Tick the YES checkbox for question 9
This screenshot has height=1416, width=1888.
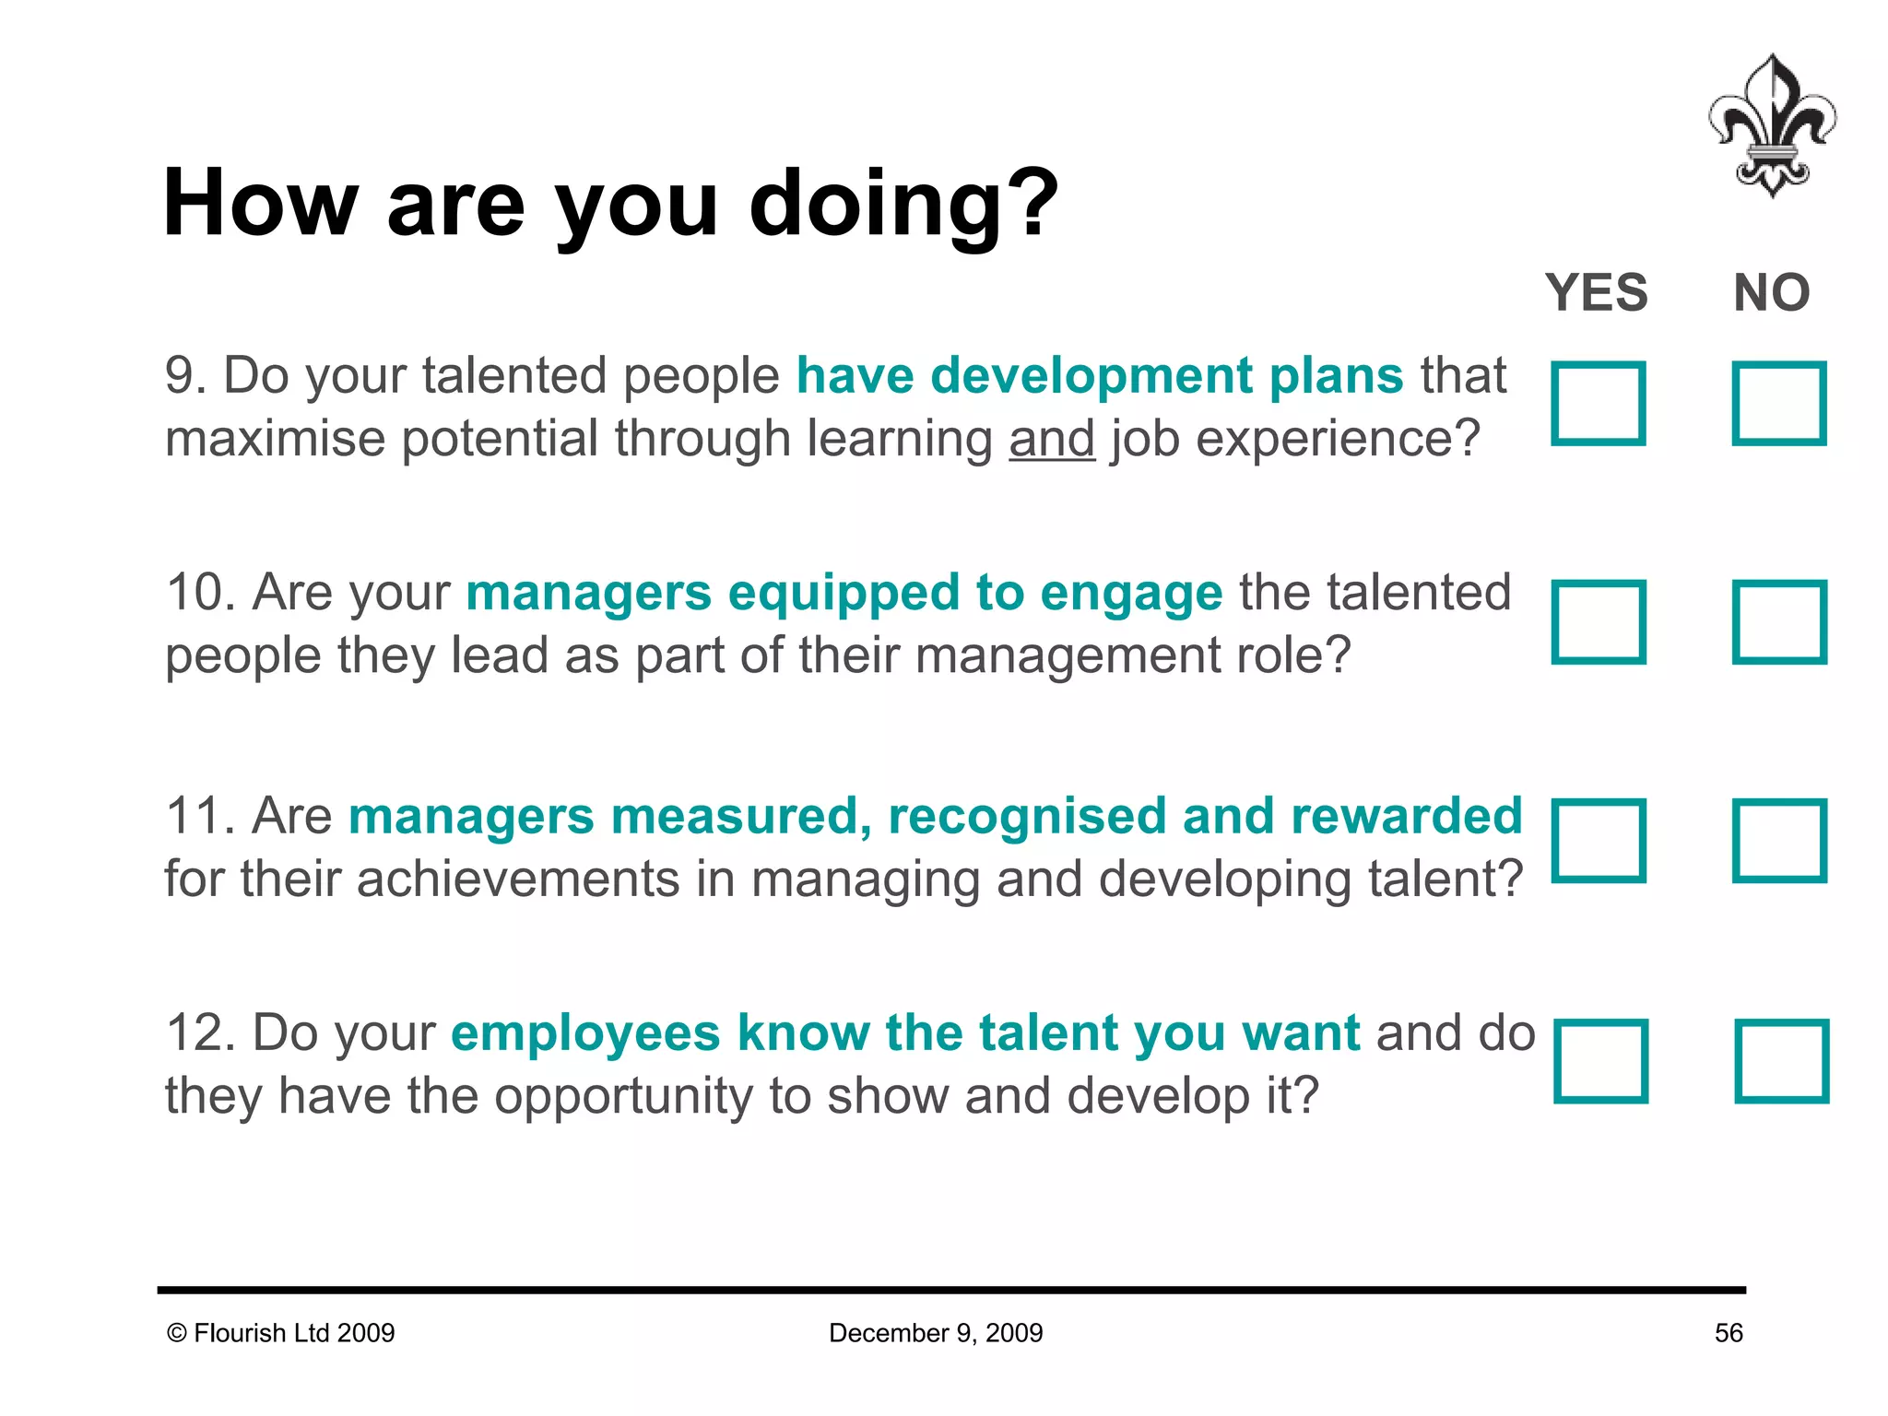click(1598, 403)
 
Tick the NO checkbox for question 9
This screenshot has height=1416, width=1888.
click(1778, 403)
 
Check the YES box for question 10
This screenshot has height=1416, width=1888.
click(1598, 621)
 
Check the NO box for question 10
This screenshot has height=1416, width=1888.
click(1778, 621)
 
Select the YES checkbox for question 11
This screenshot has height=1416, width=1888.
click(1598, 840)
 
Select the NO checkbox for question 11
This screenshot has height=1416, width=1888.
click(1778, 840)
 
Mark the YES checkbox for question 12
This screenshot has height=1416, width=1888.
click(1599, 1060)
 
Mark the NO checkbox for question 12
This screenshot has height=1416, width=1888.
click(1780, 1060)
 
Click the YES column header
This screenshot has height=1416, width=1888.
click(1596, 293)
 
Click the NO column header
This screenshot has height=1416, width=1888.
click(1771, 293)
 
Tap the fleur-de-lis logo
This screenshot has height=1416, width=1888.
click(1771, 126)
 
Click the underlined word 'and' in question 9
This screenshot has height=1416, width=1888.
click(1051, 439)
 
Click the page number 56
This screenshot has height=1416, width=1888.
click(1728, 1333)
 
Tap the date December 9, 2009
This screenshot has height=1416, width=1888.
click(935, 1333)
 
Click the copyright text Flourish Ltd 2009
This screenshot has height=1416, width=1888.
click(281, 1333)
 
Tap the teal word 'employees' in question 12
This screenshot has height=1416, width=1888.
click(584, 1033)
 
